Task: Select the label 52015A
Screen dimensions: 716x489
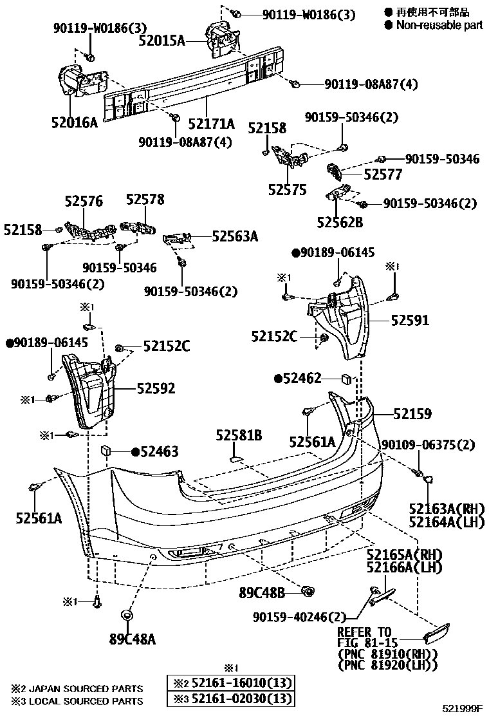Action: pos(161,41)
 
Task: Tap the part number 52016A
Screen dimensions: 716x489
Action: pos(75,121)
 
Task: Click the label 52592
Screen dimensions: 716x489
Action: pos(156,388)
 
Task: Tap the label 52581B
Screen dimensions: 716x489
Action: pos(239,436)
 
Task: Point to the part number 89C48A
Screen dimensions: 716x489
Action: pos(133,639)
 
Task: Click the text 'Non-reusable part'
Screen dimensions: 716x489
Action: pos(439,26)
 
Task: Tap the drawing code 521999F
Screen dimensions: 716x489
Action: pos(461,710)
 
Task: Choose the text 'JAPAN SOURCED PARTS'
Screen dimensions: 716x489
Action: pos(86,688)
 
